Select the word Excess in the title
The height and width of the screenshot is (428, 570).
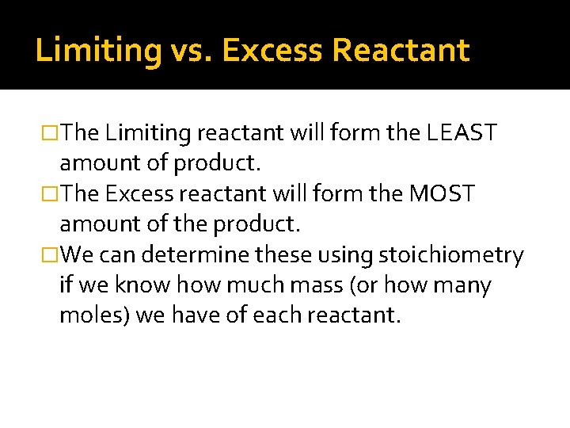[x=272, y=50]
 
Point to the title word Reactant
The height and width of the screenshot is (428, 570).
[x=401, y=50]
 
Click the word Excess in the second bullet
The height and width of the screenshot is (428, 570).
[x=137, y=194]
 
